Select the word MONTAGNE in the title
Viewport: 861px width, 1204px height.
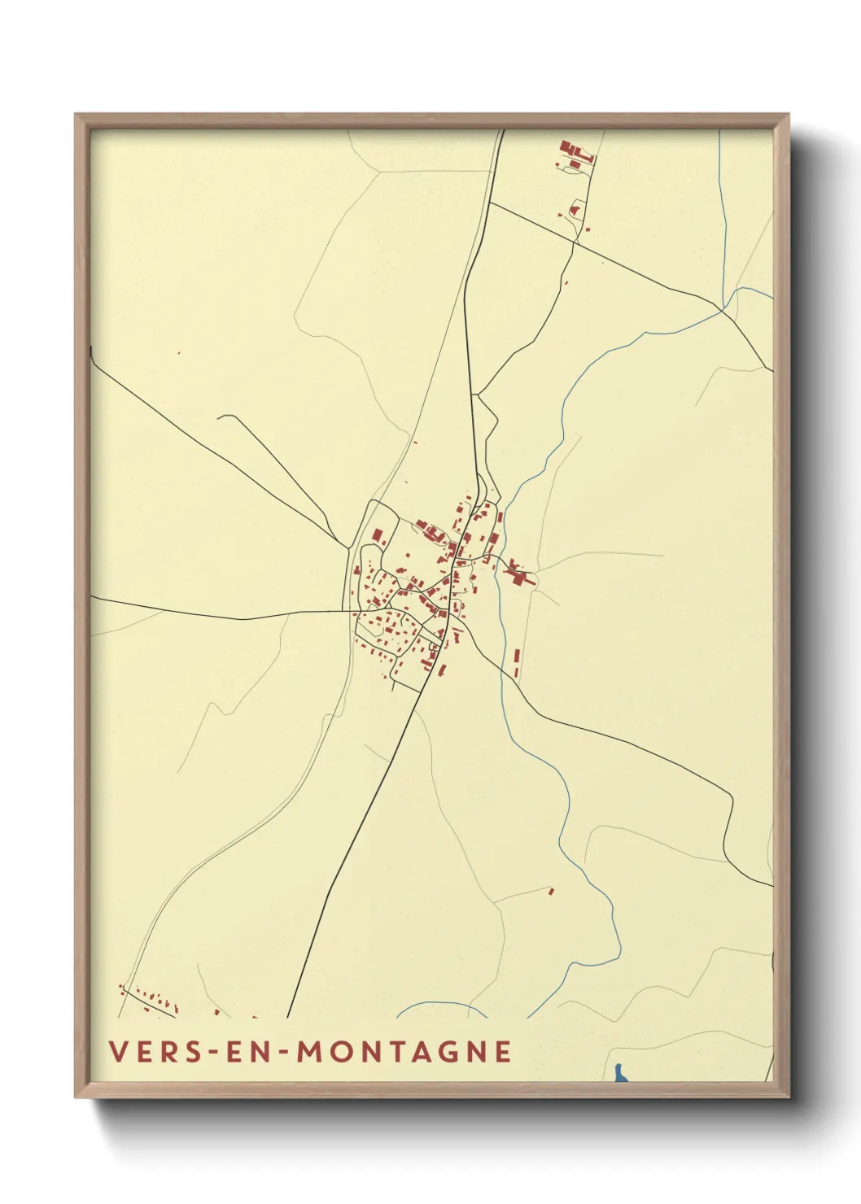(x=404, y=1052)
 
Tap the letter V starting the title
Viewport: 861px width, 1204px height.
(x=118, y=1052)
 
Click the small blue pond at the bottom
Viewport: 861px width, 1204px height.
(x=621, y=1074)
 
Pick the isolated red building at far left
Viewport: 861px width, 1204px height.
(x=178, y=353)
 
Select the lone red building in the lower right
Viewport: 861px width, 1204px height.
(x=551, y=892)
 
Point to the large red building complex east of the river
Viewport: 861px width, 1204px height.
(x=516, y=574)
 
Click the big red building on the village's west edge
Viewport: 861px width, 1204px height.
(x=378, y=536)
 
